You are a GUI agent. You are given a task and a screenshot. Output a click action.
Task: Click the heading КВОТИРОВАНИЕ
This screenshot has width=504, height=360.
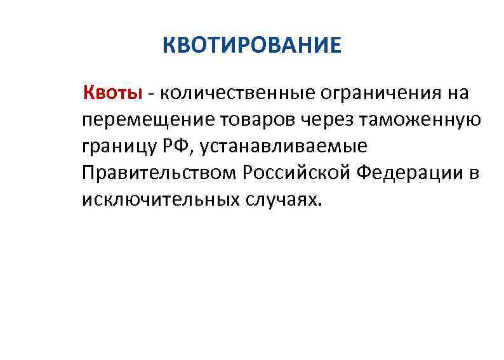pyautogui.click(x=252, y=46)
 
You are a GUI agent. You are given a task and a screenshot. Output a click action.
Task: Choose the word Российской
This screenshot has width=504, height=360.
pyautogui.click(x=286, y=174)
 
